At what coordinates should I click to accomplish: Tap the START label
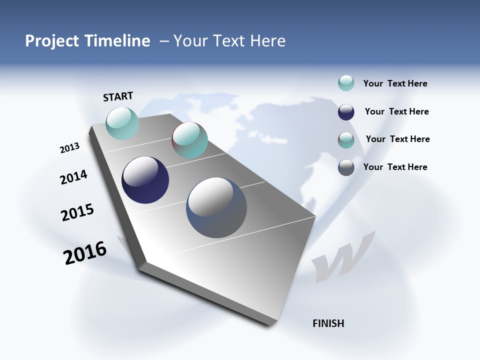118,96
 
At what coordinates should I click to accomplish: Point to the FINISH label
328,323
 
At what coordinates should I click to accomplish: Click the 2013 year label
69,148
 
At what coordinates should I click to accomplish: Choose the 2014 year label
73,177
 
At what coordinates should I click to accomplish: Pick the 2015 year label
77,212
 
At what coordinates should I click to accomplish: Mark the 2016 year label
85,252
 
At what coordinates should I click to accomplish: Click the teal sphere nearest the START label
122,123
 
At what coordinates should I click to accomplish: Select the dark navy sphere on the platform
145,180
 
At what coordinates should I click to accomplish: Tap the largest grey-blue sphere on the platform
216,207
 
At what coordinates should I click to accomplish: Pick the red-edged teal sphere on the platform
189,140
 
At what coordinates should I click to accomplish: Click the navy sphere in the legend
346,112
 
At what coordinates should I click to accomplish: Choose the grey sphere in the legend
346,167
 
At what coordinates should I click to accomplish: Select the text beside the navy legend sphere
396,111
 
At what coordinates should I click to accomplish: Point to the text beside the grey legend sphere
395,167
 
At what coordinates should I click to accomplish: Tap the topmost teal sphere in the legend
346,83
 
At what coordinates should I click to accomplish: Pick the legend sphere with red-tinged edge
346,140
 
